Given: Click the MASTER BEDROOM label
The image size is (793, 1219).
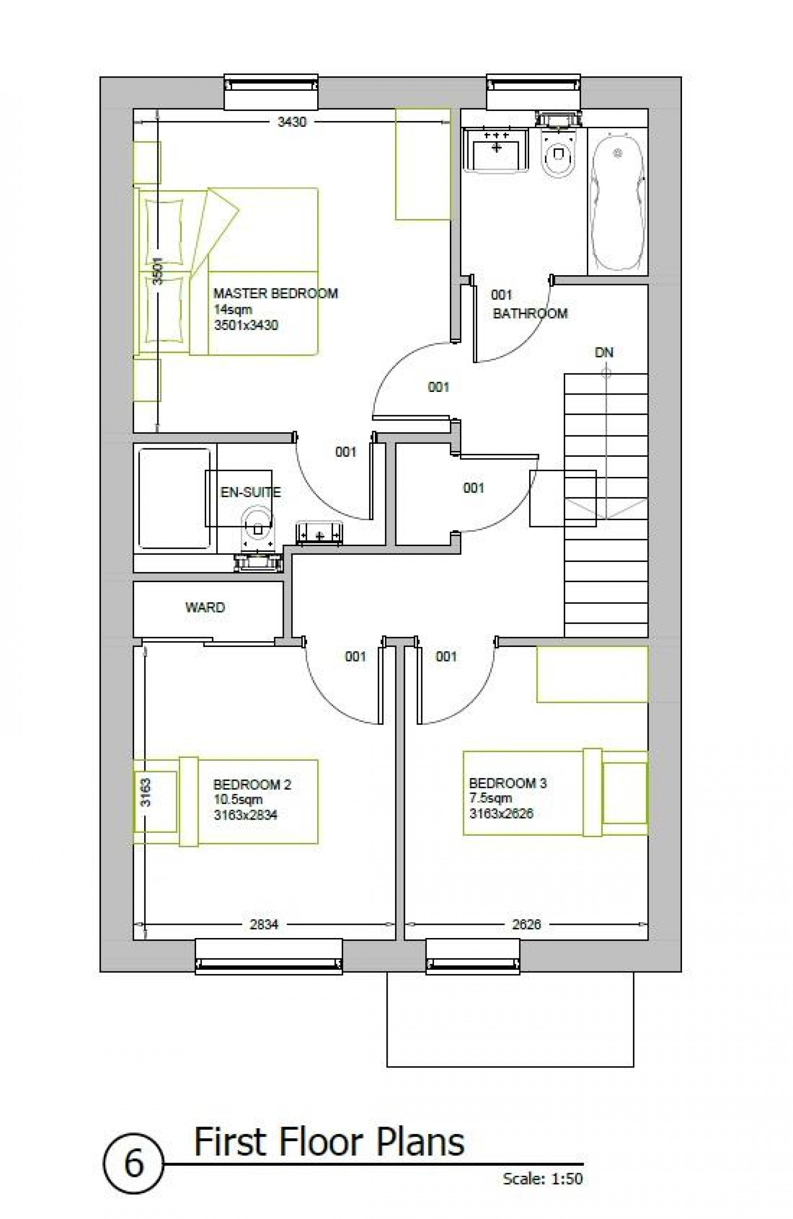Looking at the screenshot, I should pyautogui.click(x=275, y=293).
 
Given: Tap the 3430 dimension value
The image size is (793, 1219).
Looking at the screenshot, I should pyautogui.click(x=292, y=122).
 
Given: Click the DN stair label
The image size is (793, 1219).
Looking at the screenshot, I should pyautogui.click(x=604, y=352).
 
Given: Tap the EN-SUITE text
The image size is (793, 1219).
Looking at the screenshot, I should pyautogui.click(x=251, y=492).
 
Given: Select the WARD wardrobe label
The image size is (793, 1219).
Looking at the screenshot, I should pyautogui.click(x=205, y=607).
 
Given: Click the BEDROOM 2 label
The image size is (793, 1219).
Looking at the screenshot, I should pyautogui.click(x=252, y=784).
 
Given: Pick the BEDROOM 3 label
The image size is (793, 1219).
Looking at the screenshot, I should pyautogui.click(x=507, y=783).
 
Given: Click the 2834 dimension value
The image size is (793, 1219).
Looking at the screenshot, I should pyautogui.click(x=264, y=924).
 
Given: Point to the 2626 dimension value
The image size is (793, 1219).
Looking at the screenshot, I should pyautogui.click(x=526, y=924).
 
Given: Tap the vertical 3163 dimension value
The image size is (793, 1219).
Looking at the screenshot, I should pyautogui.click(x=146, y=792).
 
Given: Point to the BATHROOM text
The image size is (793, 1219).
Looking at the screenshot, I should pyautogui.click(x=530, y=314).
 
